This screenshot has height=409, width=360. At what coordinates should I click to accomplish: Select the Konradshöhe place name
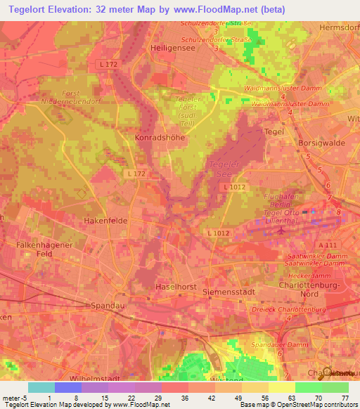coord(159,138)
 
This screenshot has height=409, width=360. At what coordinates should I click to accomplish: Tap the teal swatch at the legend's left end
coord(41,387)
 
